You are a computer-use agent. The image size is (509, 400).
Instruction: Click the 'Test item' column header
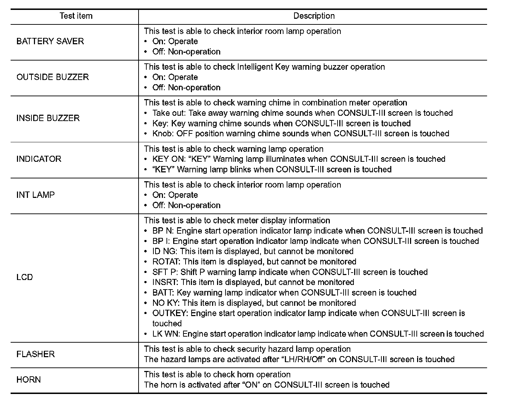click(x=76, y=16)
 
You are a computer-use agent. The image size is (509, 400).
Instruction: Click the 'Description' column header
click(x=314, y=16)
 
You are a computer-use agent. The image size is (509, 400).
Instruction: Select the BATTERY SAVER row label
click(x=50, y=41)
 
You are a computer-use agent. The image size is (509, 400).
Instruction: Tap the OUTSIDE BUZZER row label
click(x=53, y=77)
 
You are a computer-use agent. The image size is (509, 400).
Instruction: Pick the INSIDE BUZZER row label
click(x=48, y=118)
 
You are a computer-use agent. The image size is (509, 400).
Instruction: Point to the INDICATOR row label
click(x=39, y=159)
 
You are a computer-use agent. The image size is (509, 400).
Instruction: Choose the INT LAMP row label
click(x=36, y=195)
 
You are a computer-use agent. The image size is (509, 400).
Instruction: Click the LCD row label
click(x=25, y=277)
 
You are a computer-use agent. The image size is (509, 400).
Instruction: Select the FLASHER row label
click(x=36, y=354)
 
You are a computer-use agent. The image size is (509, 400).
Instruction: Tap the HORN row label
click(x=29, y=380)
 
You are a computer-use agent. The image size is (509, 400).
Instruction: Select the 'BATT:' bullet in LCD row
click(x=163, y=293)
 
